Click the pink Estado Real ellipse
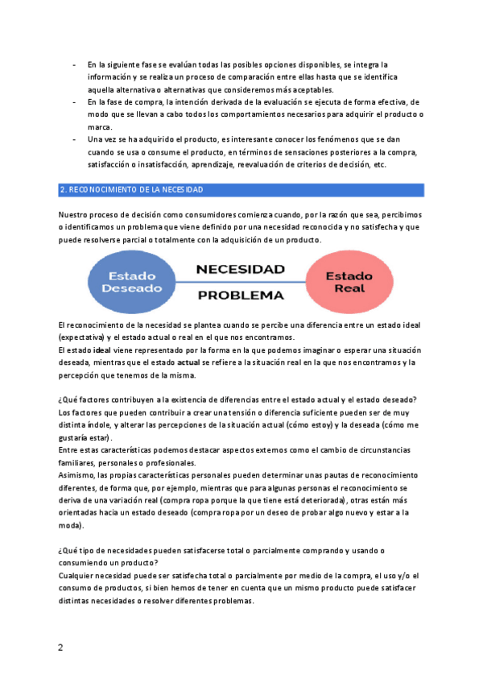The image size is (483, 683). pos(349,282)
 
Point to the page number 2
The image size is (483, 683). pos(60,648)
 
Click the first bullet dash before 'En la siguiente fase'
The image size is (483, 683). pos(74,64)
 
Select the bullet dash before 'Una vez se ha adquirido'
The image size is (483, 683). pos(74,139)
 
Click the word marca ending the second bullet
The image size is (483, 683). pos(100,126)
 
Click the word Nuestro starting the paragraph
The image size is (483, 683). pos(74,216)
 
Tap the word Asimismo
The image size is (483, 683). pos(79,476)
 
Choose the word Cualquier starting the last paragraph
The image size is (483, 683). pos(80,576)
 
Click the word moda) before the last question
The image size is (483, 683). pos(71,525)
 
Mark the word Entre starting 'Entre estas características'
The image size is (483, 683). pos(69,450)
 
